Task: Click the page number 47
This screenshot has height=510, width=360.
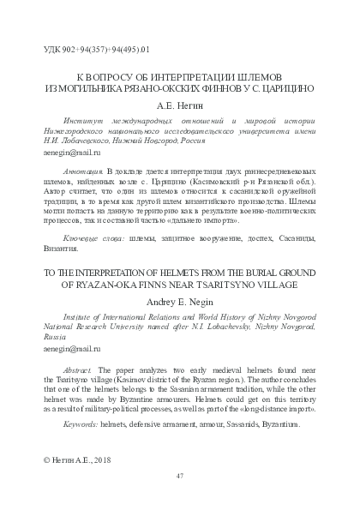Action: (180, 475)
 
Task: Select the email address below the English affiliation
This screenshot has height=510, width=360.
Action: (71, 350)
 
